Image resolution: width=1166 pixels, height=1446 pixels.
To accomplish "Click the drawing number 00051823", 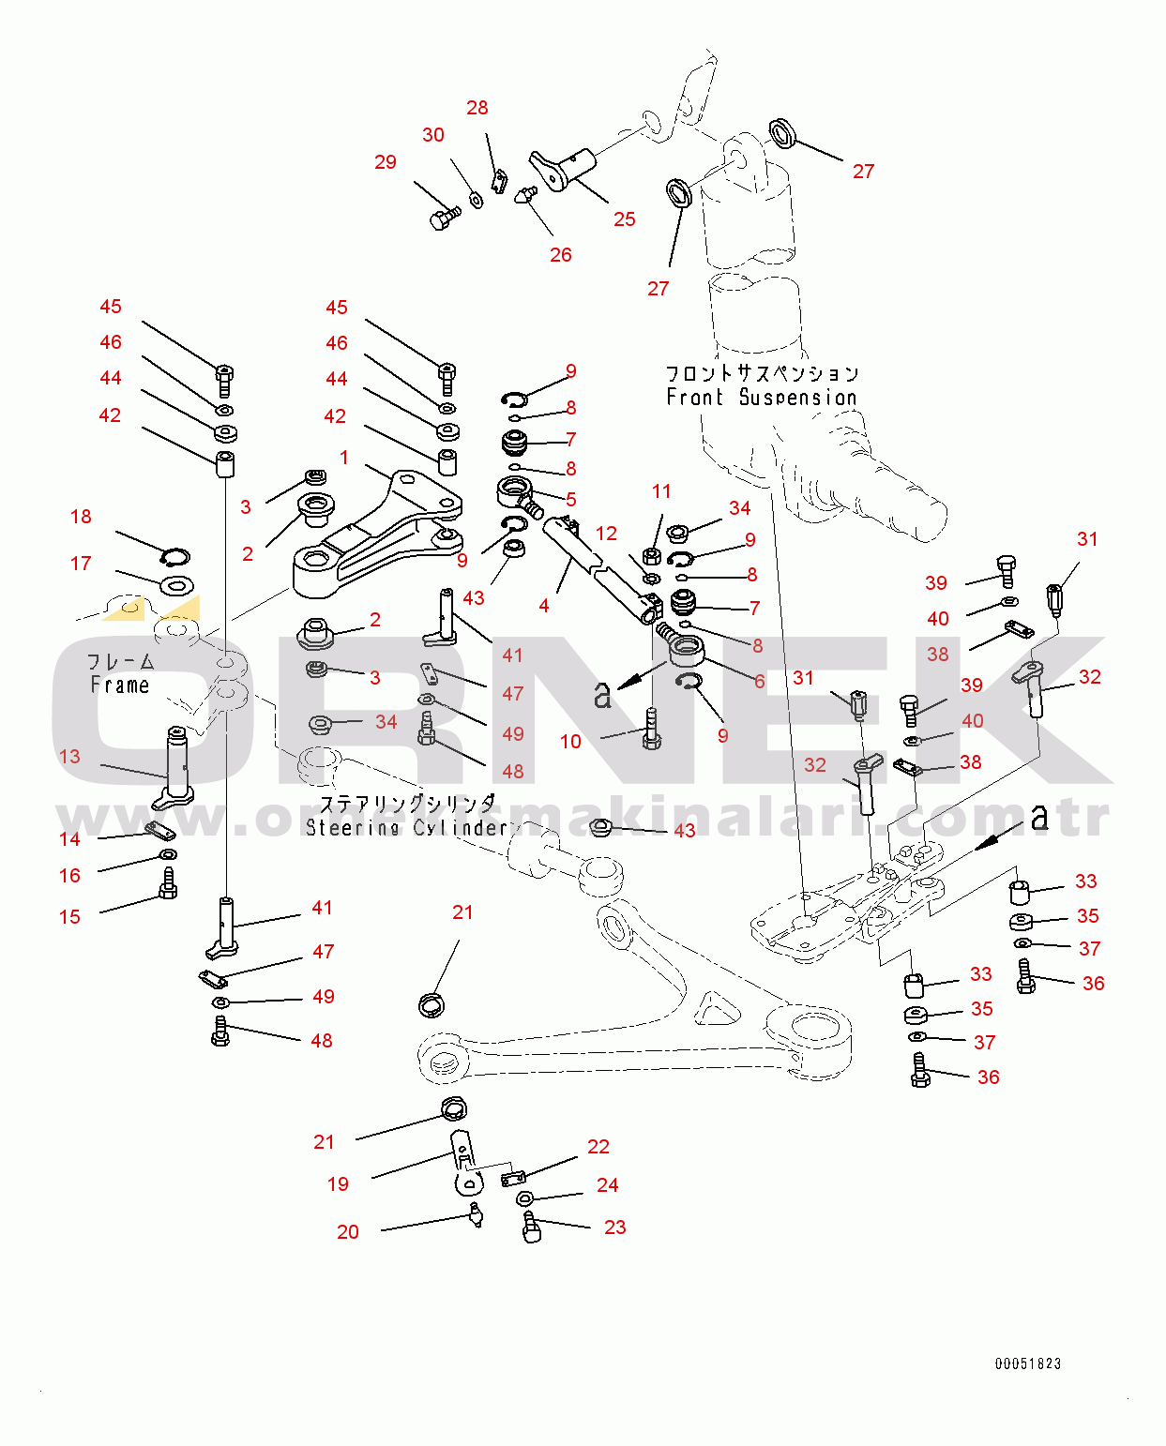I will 1027,1363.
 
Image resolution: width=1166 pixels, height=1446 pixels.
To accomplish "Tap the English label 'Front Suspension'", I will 761,398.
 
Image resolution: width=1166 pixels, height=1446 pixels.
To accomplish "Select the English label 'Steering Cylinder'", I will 406,827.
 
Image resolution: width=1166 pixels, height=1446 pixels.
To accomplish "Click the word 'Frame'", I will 120,685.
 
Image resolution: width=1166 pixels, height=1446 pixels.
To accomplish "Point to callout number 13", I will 69,757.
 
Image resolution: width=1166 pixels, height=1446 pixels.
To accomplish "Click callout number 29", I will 386,162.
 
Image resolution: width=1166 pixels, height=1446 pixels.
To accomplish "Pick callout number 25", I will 625,219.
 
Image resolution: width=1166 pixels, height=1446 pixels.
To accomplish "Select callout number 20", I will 348,1232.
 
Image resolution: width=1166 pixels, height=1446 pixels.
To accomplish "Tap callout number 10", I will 570,742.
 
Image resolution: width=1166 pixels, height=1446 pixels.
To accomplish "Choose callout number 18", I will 81,517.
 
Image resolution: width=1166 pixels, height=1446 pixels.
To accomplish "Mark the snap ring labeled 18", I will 175,558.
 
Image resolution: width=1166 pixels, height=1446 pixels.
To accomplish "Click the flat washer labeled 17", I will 175,587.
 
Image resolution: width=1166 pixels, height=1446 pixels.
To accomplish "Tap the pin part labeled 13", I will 176,764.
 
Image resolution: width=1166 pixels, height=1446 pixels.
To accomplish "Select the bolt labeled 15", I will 168,882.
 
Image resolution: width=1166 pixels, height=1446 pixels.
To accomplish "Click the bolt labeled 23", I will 532,1226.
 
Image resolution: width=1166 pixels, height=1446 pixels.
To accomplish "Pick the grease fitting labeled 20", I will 476,1215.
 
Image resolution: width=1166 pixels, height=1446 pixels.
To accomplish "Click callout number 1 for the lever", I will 344,458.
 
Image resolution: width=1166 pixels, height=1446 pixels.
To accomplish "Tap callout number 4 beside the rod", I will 544,606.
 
